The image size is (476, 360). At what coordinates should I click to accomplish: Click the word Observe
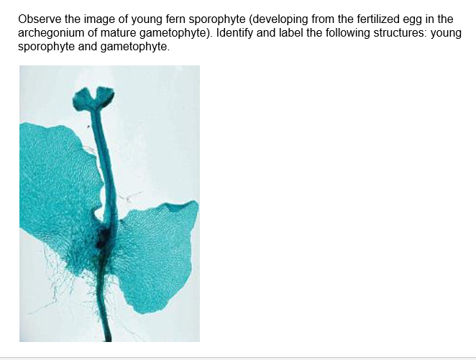[40, 19]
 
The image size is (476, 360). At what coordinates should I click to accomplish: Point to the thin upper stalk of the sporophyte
[104, 157]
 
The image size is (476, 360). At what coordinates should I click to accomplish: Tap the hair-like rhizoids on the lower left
[58, 282]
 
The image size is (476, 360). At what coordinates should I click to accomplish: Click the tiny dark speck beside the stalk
[88, 126]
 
